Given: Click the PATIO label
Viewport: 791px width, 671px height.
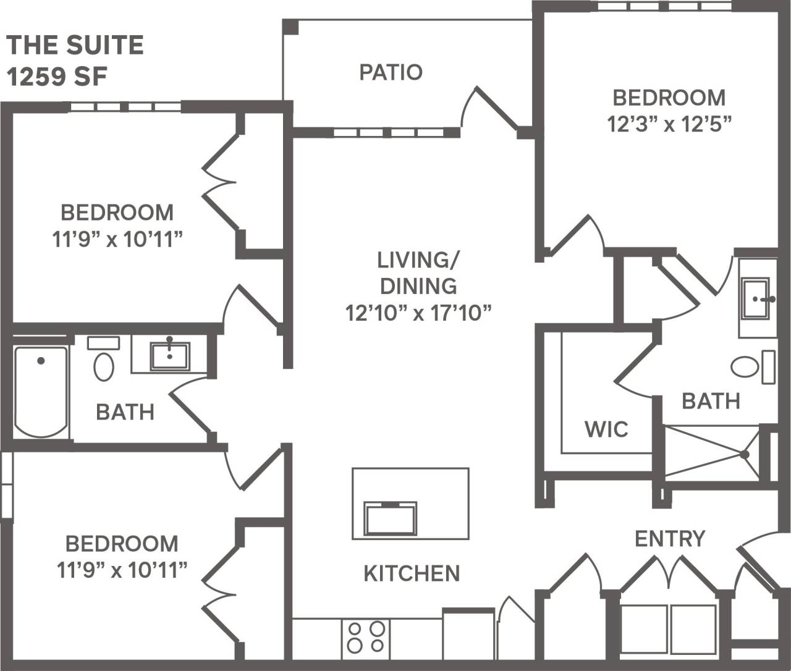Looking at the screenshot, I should pos(391,72).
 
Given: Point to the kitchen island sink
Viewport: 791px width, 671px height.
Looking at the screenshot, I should pos(390,518).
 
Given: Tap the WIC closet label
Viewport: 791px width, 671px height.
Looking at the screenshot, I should pos(606,429).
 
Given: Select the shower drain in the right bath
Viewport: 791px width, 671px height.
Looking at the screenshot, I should pos(745,454).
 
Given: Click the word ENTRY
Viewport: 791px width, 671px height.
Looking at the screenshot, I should pos(670,539).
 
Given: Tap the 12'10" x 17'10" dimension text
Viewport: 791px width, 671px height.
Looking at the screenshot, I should pos(418,313).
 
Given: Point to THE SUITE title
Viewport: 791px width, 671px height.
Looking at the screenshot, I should pos(75,45).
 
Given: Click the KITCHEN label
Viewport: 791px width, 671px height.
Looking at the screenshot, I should pos(412,573).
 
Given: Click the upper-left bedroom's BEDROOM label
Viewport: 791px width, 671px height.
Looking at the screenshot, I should pos(117,213).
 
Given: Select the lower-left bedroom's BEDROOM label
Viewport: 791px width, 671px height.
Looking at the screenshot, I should pos(122,544).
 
